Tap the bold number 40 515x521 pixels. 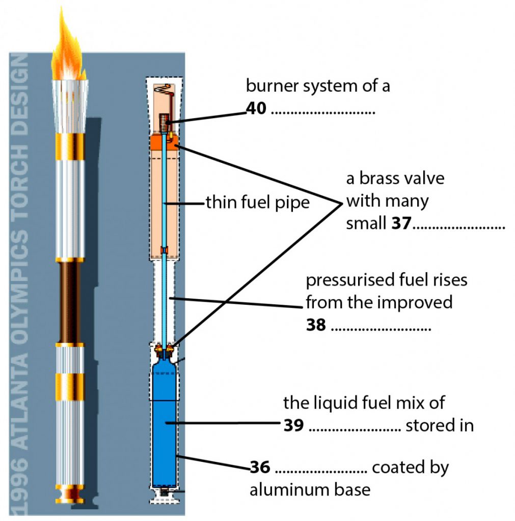pos(256,108)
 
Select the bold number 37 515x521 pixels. pos(401,223)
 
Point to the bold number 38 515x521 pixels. pos(316,325)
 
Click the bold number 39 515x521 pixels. pos(293,425)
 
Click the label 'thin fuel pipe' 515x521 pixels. pos(257,203)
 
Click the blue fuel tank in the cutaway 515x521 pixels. pos(166,422)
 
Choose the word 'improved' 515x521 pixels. pos(415,302)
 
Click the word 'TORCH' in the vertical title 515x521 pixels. pos(19,167)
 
